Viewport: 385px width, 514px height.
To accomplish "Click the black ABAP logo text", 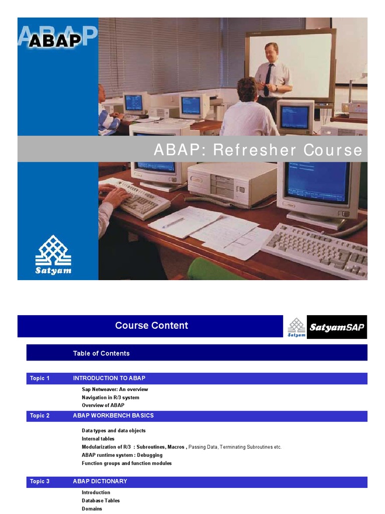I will pos(55,40).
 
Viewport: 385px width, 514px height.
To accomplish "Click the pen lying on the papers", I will pos(173,222).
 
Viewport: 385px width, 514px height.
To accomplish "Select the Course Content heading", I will pos(151,325).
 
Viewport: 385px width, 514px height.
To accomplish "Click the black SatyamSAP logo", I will pos(336,327).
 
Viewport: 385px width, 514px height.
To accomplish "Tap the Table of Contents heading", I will pos(101,353).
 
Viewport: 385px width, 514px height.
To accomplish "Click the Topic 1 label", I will pos(40,378).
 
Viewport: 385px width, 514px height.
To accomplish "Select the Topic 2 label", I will pos(40,416).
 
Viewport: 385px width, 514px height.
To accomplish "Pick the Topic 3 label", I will pos(40,481).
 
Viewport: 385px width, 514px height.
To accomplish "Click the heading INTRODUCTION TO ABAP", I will pos(109,378).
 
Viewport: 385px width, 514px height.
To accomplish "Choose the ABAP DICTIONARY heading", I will pos(100,481).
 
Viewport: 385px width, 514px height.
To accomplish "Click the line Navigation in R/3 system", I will pos(110,398).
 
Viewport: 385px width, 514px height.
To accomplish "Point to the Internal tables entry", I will pos(98,439).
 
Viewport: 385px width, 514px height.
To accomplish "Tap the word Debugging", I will pos(150,455).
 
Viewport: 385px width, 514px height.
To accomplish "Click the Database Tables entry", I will pos(101,500).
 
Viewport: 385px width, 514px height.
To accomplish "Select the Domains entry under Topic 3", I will pos(92,508).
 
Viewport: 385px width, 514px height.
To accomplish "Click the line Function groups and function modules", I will pos(126,463).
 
